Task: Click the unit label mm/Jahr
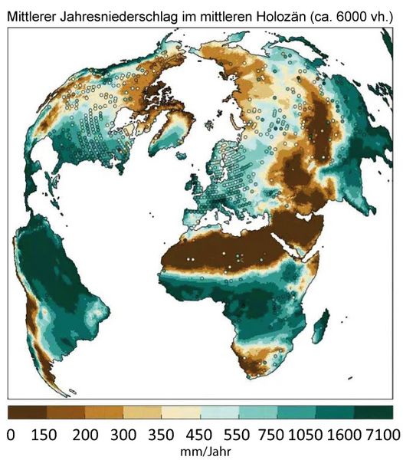click(200, 452)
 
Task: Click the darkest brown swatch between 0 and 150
click(27, 413)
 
